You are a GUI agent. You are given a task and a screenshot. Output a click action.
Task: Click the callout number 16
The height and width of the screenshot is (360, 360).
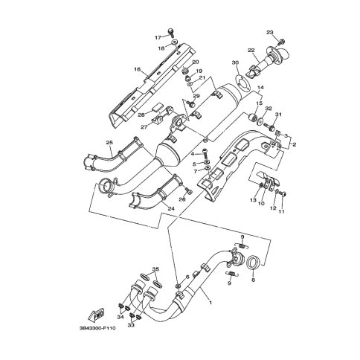[x=138, y=69]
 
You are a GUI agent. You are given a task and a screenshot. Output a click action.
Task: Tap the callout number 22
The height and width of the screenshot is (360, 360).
[x=251, y=51]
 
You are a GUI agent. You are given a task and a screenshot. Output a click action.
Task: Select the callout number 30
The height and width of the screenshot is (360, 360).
[x=235, y=62]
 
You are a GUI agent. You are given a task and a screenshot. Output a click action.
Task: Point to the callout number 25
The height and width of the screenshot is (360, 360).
[x=109, y=142]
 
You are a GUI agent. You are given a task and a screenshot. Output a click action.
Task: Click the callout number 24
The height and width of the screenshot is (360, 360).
[x=171, y=208]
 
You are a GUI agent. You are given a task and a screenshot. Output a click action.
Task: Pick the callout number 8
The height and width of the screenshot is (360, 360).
[x=253, y=280]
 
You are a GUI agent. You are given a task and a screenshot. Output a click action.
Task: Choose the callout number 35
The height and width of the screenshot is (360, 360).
[x=155, y=269]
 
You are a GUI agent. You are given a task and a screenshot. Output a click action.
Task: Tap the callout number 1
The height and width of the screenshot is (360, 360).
[x=210, y=303]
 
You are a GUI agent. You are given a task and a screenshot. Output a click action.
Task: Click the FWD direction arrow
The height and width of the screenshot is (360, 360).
[x=97, y=314]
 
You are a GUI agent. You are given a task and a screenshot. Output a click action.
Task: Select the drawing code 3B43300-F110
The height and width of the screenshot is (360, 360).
[x=97, y=329]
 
